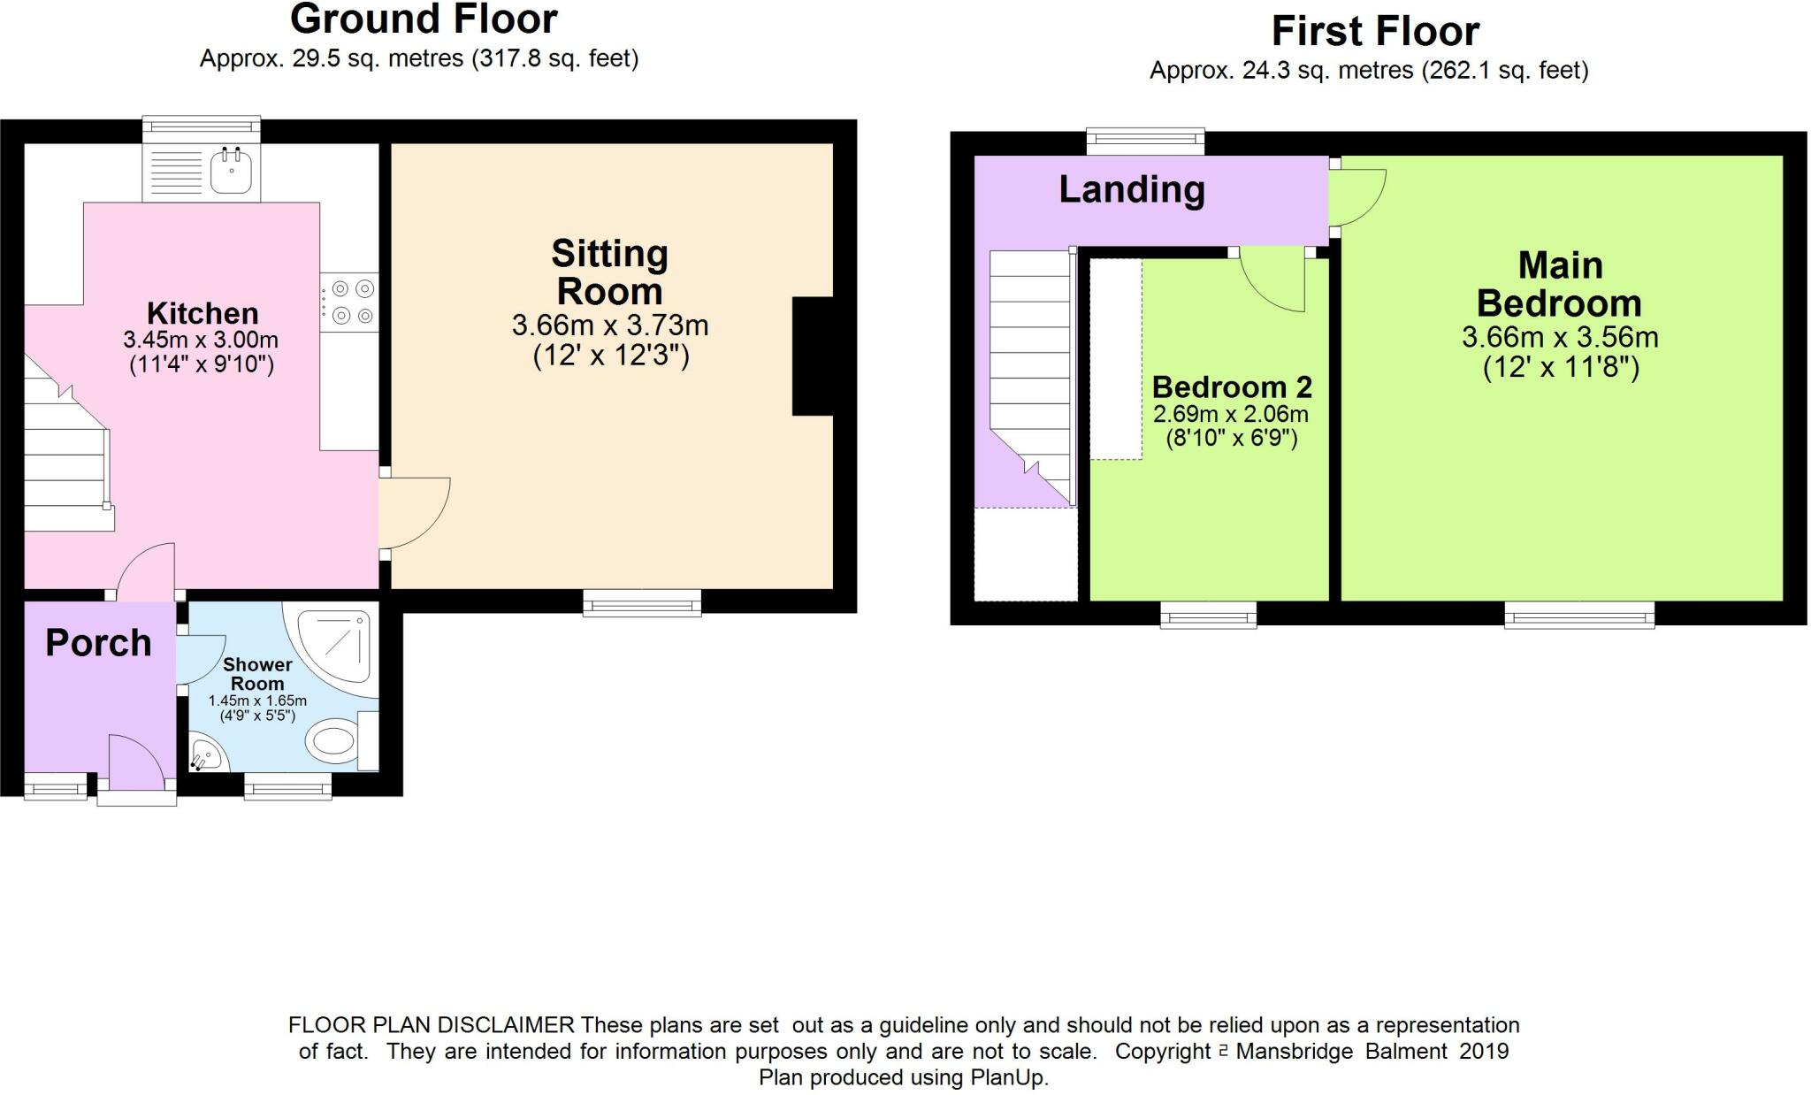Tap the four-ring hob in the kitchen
click(350, 302)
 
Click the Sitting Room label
click(609, 272)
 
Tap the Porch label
click(98, 644)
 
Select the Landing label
click(1132, 189)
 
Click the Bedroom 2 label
click(1232, 387)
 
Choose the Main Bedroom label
click(1560, 284)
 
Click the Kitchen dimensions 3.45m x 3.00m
click(201, 340)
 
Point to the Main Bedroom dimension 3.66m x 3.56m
click(1560, 337)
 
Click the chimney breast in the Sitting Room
click(813, 356)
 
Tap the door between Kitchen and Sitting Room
click(415, 514)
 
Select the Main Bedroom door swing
click(1357, 198)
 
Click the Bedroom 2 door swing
click(1272, 279)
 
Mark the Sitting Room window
click(642, 602)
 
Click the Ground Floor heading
click(424, 19)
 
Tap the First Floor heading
click(1375, 32)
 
